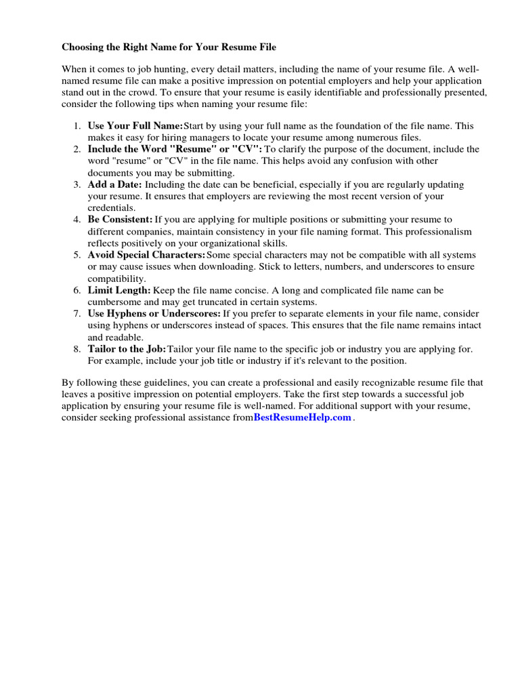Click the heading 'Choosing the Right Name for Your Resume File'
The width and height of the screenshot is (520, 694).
click(x=169, y=47)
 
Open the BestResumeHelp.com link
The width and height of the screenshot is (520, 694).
click(x=303, y=417)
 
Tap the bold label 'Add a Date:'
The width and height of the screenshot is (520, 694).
click(x=114, y=184)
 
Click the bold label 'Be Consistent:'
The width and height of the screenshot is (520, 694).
click(x=120, y=220)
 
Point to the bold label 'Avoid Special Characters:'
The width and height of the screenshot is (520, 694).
click(x=146, y=255)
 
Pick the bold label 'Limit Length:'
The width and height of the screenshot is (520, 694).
click(x=118, y=290)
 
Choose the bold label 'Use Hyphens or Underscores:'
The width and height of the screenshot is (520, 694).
click(x=154, y=314)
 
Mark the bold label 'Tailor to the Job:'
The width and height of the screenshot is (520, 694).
click(x=127, y=349)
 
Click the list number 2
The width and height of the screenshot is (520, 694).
click(x=77, y=149)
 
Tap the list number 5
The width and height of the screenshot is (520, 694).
click(x=77, y=255)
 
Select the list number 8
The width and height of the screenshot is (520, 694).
click(x=77, y=349)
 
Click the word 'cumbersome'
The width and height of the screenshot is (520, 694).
click(x=113, y=302)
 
